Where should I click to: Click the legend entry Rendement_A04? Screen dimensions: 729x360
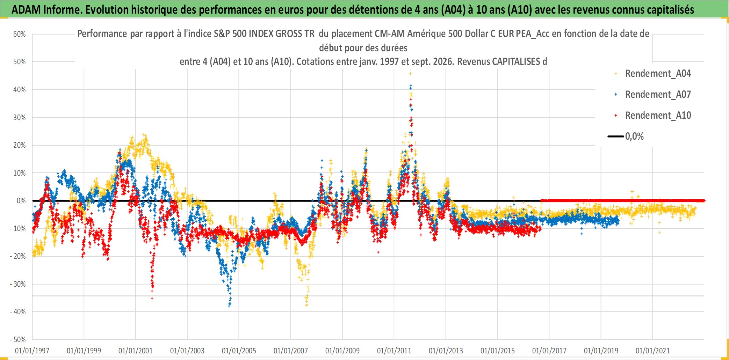click(658, 74)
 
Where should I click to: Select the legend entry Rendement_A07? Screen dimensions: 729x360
click(658, 95)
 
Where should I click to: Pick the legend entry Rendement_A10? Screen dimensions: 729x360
click(658, 116)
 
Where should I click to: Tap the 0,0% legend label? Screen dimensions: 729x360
click(634, 137)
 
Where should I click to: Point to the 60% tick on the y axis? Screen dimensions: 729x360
click(20, 34)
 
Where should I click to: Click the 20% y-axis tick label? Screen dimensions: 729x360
click(20, 145)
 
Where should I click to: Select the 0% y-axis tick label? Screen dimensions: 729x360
click(21, 201)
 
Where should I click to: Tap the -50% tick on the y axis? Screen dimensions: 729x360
click(18, 339)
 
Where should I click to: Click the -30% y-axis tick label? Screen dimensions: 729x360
click(18, 284)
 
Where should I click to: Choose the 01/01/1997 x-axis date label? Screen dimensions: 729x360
click(32, 351)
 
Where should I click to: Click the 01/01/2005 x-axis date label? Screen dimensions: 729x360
click(239, 351)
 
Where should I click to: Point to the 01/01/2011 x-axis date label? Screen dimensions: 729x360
click(394, 351)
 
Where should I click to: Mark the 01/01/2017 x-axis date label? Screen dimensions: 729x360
click(549, 351)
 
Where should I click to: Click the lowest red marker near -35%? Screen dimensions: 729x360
click(152, 298)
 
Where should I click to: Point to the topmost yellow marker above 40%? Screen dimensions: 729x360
click(410, 74)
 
